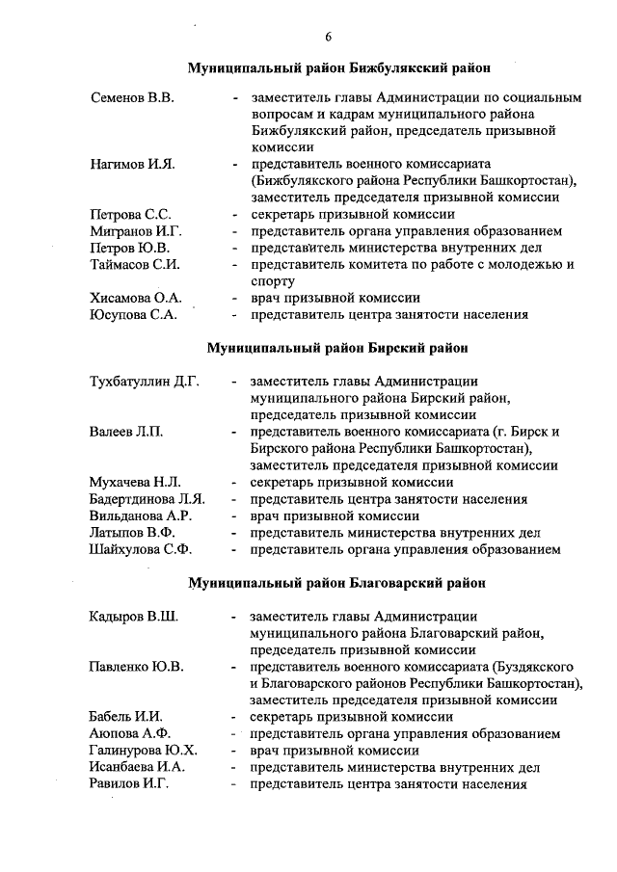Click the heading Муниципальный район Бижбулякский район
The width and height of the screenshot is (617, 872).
click(x=338, y=68)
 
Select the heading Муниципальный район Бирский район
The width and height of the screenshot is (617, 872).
click(x=337, y=348)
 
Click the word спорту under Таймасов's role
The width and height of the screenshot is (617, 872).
click(x=271, y=281)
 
